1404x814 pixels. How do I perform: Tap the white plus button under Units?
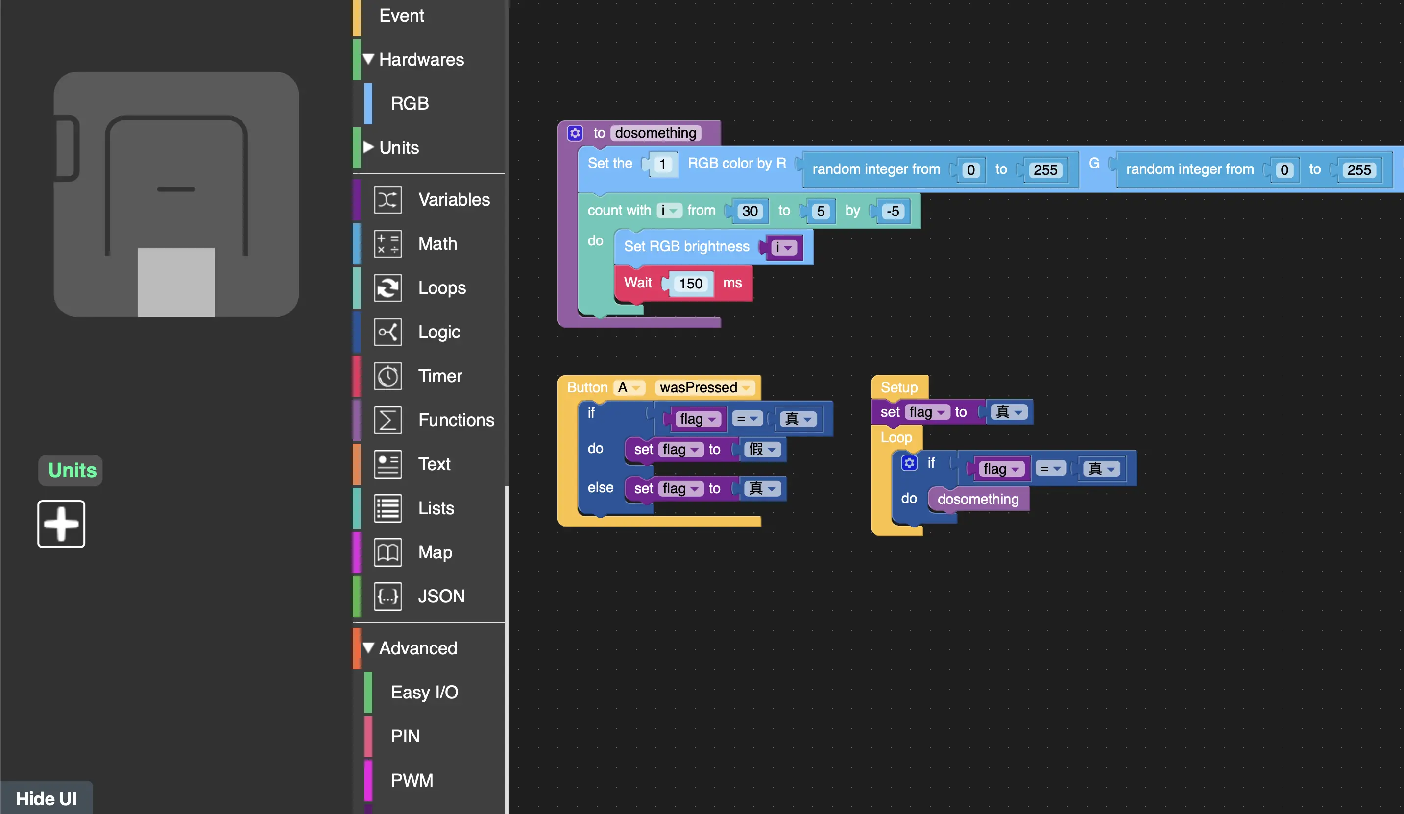(x=61, y=524)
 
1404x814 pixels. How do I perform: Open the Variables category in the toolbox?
(x=454, y=199)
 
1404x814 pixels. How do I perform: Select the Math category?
(x=437, y=243)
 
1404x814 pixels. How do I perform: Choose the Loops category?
(x=442, y=287)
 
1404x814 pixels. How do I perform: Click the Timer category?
(x=439, y=376)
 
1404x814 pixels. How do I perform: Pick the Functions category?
(x=456, y=420)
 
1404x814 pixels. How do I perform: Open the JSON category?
(x=441, y=596)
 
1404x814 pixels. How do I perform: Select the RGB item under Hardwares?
(x=410, y=103)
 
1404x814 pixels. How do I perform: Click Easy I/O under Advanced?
(x=424, y=692)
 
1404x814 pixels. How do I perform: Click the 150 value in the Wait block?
(x=690, y=284)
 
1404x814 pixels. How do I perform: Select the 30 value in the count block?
(x=750, y=211)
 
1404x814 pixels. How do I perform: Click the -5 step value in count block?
(x=893, y=211)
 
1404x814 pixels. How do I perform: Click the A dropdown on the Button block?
(x=629, y=387)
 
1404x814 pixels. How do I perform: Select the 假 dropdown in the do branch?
(x=762, y=449)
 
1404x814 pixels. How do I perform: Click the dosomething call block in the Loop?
(x=978, y=499)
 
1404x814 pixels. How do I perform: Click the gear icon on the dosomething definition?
(x=575, y=133)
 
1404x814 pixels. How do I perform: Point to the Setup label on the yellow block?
(x=898, y=387)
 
